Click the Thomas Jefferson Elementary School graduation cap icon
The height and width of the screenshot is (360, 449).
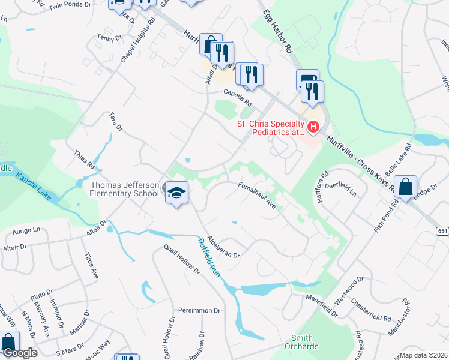coord(176,193)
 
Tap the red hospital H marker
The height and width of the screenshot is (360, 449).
coord(313,127)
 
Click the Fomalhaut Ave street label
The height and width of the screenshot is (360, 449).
coord(257,195)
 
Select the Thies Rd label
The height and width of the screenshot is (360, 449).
coord(85,159)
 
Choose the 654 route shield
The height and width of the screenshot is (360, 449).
coord(442,231)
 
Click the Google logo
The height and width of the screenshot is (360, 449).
coord(20,353)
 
